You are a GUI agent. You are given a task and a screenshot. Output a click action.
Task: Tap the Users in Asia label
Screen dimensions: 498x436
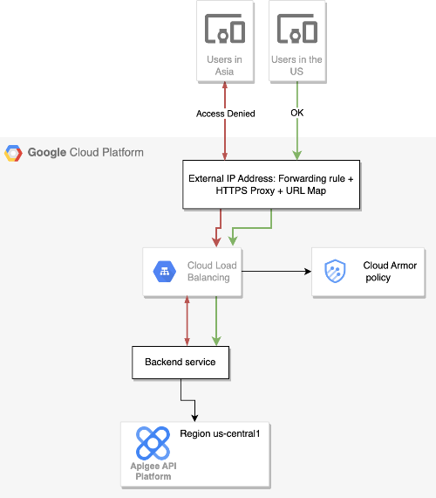click(x=225, y=66)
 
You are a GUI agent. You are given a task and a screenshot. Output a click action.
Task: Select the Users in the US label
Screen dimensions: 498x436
click(x=297, y=66)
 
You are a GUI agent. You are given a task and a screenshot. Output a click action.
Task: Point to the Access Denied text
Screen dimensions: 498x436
click(x=226, y=114)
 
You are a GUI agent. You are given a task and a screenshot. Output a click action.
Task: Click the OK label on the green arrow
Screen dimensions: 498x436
click(x=297, y=114)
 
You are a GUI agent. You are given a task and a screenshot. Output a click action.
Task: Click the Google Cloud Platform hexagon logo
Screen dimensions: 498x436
click(x=14, y=153)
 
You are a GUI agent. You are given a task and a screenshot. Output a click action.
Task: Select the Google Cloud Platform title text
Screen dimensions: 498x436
click(x=85, y=153)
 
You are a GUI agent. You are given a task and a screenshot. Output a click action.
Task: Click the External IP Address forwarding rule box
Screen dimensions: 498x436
click(x=272, y=184)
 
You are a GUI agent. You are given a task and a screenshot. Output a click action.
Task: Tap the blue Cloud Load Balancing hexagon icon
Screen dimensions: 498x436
click(x=166, y=272)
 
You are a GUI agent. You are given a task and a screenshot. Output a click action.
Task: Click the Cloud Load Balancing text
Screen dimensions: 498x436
click(x=212, y=272)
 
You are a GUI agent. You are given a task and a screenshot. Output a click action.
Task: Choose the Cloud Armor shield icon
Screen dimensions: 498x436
click(x=336, y=272)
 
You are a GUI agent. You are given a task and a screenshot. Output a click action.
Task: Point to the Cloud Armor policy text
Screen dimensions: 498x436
click(x=378, y=272)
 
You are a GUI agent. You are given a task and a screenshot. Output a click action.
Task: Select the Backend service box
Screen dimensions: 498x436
click(x=181, y=362)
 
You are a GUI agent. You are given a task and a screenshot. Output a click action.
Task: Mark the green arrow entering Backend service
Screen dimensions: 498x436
click(x=215, y=323)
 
